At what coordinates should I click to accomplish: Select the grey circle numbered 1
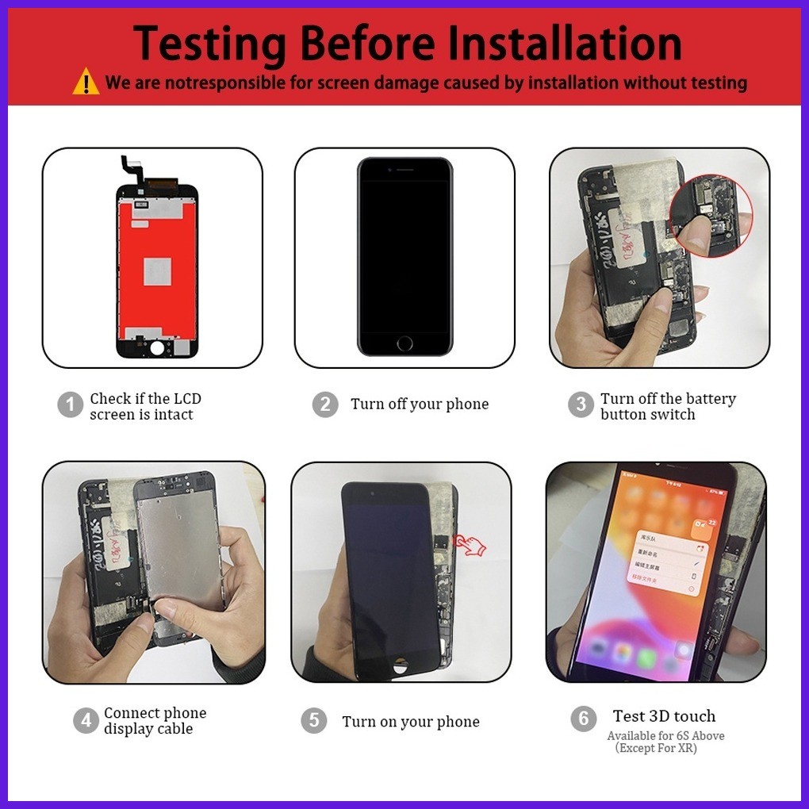[x=70, y=405]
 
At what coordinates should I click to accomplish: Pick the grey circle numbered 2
[x=324, y=404]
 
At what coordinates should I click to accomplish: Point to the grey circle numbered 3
[x=581, y=404]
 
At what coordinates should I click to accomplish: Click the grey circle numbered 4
[x=86, y=720]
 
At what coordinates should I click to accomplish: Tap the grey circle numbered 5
[x=314, y=721]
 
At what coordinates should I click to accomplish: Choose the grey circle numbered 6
[x=583, y=719]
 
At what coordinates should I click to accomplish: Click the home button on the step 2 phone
[x=404, y=343]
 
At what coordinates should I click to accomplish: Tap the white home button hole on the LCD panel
[x=158, y=347]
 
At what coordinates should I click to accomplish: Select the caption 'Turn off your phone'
[x=420, y=404]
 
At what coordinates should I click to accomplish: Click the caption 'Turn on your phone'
[x=411, y=722]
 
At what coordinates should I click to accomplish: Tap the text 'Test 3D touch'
[x=664, y=716]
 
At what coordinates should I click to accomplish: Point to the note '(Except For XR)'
[x=655, y=748]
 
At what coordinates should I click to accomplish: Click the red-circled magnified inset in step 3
[x=711, y=216]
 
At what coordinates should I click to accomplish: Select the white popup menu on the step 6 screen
[x=667, y=558]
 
